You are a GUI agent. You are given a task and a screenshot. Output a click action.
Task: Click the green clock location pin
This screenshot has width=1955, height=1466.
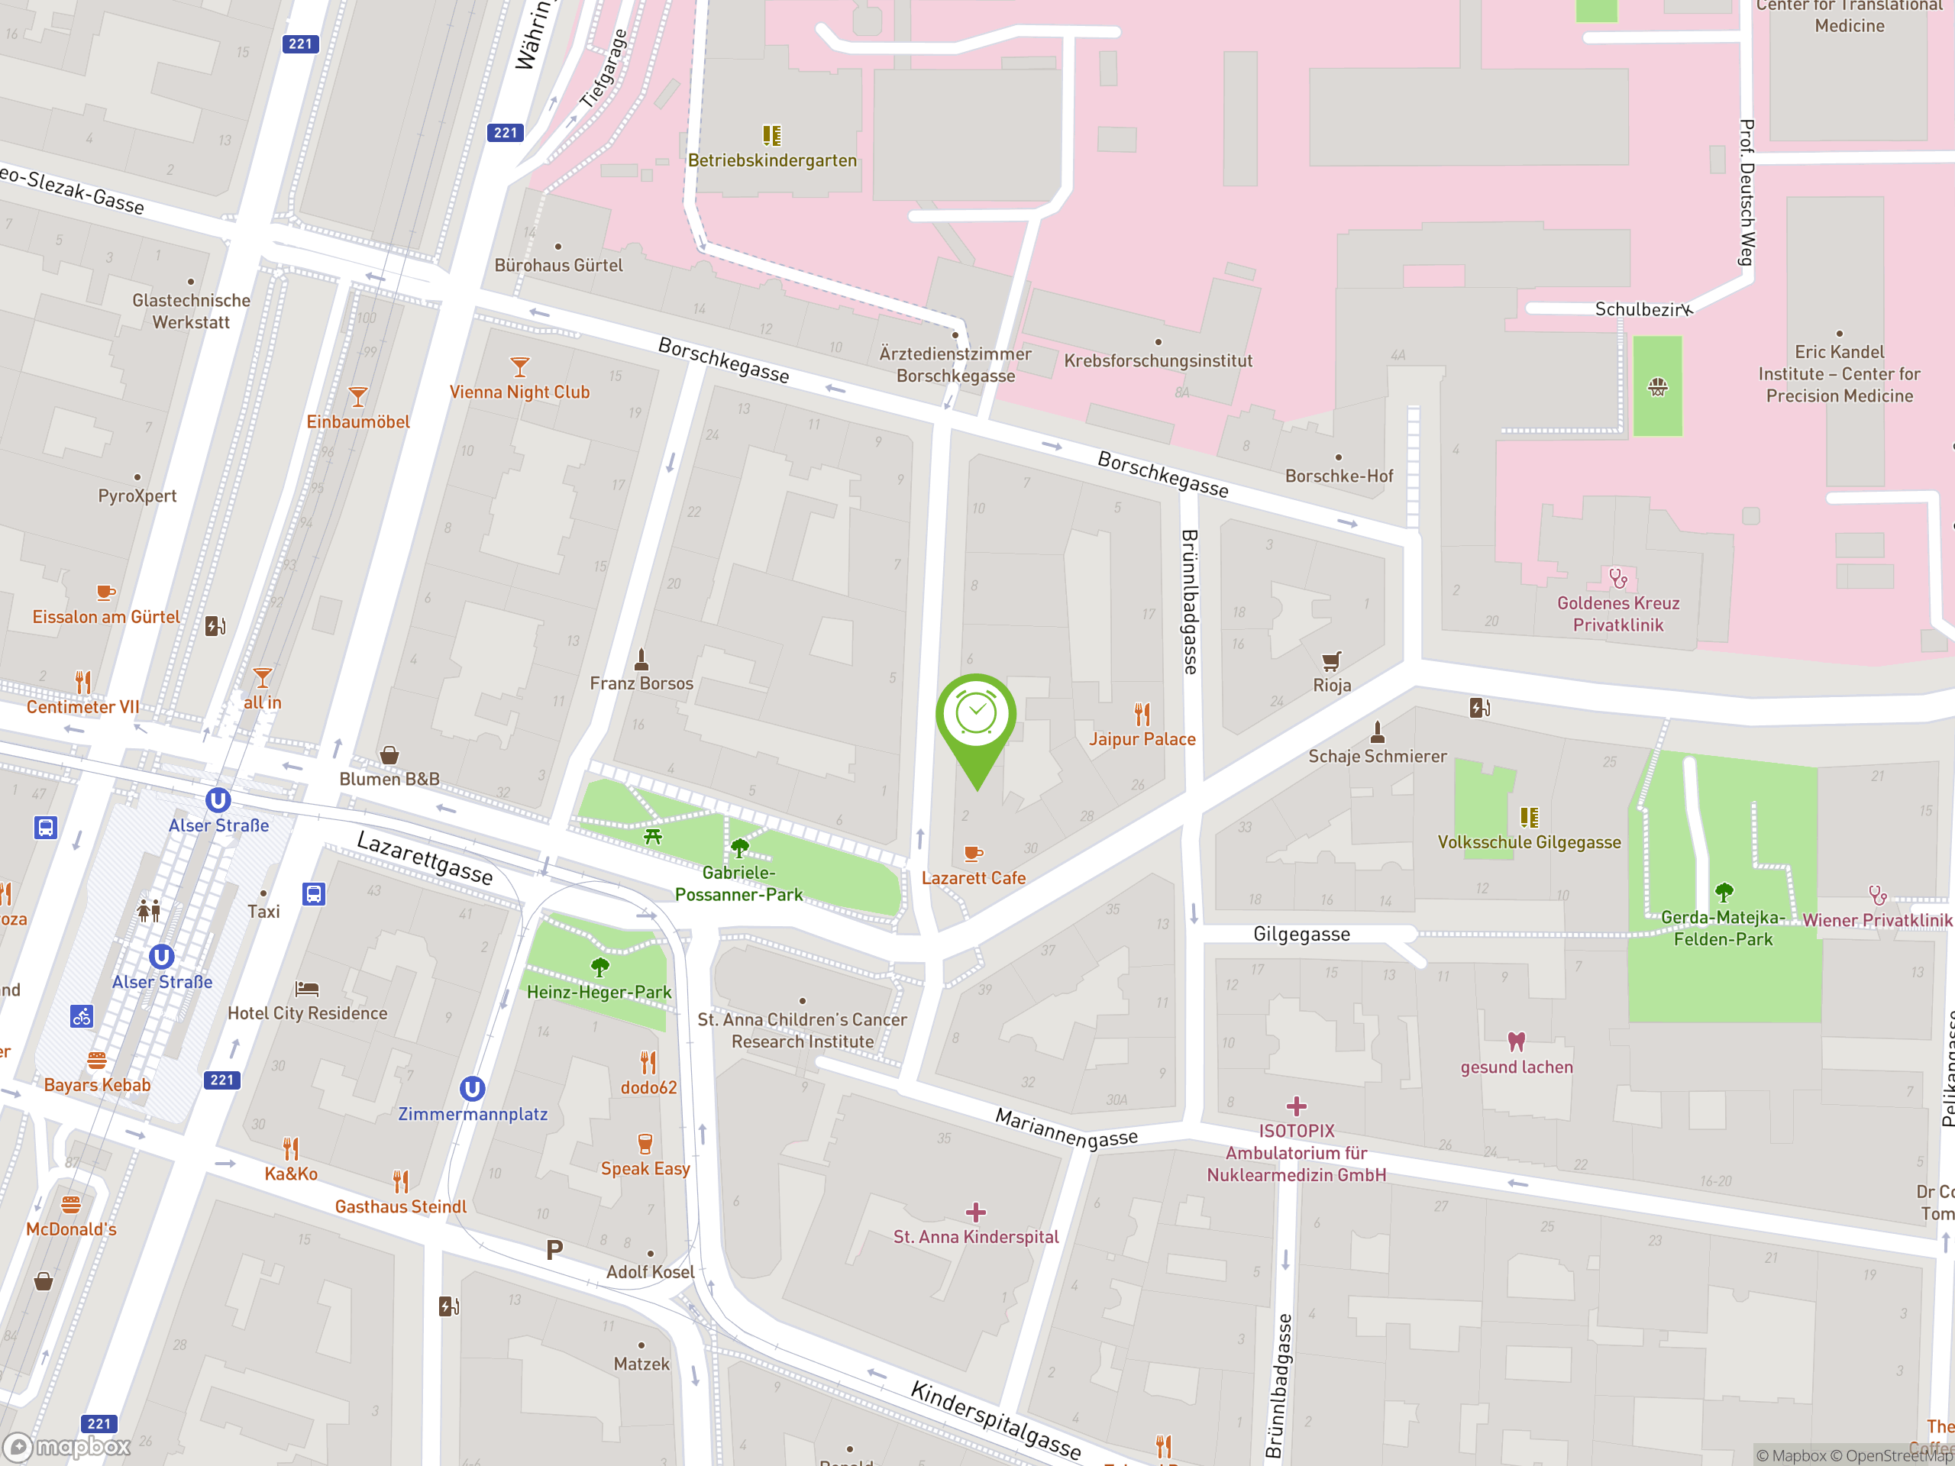click(976, 715)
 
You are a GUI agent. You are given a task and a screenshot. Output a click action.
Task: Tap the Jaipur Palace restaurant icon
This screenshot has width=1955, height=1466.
click(1142, 713)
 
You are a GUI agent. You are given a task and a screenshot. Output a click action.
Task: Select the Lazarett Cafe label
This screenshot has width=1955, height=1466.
click(973, 877)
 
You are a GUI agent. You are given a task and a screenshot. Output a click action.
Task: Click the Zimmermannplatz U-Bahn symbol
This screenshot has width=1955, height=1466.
click(472, 1089)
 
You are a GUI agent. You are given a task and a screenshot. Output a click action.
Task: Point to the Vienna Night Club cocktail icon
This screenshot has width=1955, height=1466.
click(520, 366)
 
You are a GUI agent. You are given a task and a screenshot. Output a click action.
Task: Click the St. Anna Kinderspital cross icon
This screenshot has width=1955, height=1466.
click(975, 1212)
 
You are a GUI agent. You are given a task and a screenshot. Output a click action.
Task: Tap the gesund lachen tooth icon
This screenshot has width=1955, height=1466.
click(1516, 1041)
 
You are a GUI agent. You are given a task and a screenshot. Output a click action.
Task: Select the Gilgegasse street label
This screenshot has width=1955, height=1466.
click(1301, 934)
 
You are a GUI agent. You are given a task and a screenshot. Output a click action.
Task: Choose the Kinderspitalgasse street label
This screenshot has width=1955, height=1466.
click(995, 1420)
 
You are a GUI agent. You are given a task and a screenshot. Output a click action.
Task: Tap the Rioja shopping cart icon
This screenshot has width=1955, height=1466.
click(1331, 660)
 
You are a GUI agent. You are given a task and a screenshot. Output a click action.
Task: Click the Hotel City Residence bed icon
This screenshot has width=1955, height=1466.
click(307, 988)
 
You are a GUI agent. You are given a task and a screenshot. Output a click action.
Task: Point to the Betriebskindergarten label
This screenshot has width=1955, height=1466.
click(771, 160)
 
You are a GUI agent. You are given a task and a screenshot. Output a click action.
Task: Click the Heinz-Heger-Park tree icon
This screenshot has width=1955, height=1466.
click(599, 966)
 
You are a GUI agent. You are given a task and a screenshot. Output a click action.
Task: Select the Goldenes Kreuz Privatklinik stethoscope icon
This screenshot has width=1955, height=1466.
click(1617, 578)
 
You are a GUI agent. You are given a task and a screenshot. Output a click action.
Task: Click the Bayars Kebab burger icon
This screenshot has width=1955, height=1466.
click(97, 1060)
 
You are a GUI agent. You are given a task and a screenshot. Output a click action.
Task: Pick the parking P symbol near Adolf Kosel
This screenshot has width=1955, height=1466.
click(554, 1249)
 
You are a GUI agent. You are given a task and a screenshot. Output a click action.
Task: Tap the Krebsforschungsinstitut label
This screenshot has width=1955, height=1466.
click(1158, 360)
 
